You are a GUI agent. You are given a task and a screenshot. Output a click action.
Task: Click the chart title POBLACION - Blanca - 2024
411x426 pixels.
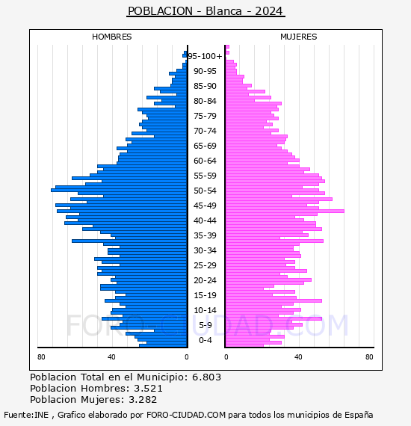click(205, 11)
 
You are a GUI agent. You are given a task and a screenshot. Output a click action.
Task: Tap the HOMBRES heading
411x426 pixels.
click(111, 37)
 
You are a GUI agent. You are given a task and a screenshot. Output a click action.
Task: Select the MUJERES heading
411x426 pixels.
click(299, 37)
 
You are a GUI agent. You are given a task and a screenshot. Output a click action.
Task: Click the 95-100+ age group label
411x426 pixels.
click(205, 56)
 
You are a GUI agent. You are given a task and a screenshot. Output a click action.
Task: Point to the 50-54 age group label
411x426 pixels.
click(205, 191)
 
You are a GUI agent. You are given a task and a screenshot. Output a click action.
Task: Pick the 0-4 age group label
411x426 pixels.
click(205, 340)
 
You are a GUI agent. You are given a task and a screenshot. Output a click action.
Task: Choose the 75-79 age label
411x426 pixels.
click(205, 116)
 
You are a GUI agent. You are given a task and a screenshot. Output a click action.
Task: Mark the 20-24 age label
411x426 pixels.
click(205, 280)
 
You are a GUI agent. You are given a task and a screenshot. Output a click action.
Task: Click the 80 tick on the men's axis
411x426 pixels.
click(41, 356)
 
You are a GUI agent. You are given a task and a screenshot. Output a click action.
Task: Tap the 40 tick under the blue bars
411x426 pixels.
click(111, 356)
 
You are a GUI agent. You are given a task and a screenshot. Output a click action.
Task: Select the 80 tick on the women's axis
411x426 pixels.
click(369, 356)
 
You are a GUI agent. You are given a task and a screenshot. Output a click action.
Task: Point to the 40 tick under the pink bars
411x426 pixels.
click(298, 356)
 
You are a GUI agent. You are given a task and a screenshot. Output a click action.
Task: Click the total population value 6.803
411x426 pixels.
click(206, 377)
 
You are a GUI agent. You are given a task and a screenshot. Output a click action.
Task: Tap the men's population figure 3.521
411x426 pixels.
click(148, 388)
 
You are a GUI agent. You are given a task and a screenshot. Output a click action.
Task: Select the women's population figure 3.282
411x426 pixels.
click(143, 399)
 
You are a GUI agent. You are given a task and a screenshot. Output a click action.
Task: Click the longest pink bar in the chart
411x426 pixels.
click(285, 211)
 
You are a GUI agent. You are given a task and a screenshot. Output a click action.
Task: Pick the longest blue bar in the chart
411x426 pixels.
click(119, 190)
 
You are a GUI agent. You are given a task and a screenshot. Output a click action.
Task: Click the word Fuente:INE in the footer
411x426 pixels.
click(26, 415)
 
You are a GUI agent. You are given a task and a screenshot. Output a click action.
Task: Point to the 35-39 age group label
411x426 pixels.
click(205, 235)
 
